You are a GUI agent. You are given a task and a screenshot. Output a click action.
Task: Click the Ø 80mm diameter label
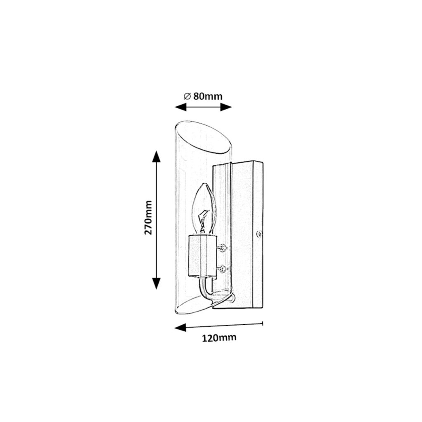[203, 96]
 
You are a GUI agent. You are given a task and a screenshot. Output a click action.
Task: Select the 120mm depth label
[219, 338]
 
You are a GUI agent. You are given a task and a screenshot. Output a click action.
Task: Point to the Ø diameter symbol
[187, 96]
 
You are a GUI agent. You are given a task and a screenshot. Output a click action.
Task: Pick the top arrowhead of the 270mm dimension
[156, 157]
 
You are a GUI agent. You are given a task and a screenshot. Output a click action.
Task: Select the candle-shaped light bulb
[204, 208]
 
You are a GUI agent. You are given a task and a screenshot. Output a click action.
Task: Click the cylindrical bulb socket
[202, 256]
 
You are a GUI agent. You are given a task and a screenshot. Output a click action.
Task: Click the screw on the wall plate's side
[259, 234]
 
